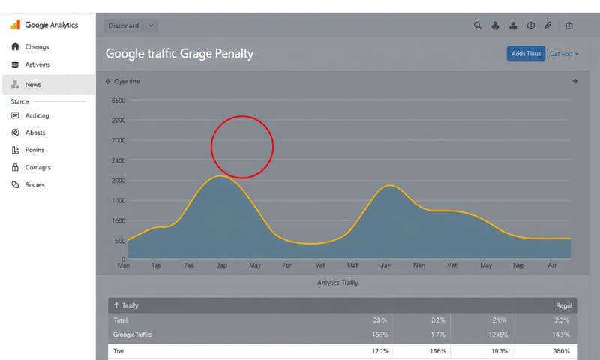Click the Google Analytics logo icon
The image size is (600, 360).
coord(15,25)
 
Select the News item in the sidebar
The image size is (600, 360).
coord(33,85)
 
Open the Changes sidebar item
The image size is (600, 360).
coord(37,46)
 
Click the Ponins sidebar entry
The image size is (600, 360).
coord(34,150)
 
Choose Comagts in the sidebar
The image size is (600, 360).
coord(37,167)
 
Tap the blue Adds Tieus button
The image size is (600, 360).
coord(526,53)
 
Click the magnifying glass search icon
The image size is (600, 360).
coord(478,25)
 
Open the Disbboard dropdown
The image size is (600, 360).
coord(130,25)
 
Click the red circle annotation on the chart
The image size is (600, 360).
coord(241,147)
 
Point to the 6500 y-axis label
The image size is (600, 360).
coord(118,100)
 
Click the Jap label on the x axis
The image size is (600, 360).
coord(222,265)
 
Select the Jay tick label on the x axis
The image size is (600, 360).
coord(385,265)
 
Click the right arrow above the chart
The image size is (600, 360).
coord(574,81)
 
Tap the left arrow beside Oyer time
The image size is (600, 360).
coord(108,81)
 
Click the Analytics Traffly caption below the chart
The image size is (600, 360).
coord(337,283)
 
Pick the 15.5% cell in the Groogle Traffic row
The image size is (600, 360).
coord(379,334)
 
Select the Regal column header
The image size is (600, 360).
coord(563,306)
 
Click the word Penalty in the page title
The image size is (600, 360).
coord(233,54)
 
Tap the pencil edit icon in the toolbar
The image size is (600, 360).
coord(548,25)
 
